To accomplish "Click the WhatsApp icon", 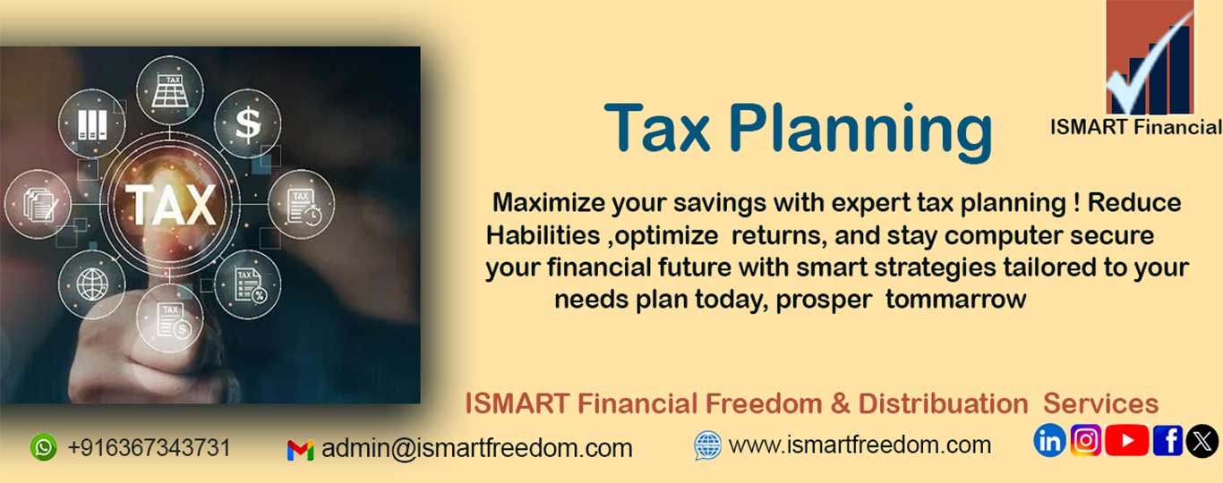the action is [x=44, y=447].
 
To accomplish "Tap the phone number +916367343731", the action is [x=149, y=447].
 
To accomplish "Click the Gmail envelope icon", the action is [x=300, y=450].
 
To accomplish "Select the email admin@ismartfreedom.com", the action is [x=477, y=449].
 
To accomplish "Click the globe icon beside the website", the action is [x=707, y=445].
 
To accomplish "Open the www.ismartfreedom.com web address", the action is [x=860, y=445].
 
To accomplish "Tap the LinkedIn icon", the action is [x=1049, y=440].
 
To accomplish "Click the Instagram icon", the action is [x=1086, y=440].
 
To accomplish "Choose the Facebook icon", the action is [x=1167, y=440].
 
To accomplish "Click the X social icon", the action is [x=1202, y=441].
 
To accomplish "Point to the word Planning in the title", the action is [x=860, y=132].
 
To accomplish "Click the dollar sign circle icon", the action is [x=247, y=124].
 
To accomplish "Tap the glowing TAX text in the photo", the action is [x=171, y=205].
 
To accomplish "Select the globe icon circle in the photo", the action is [x=91, y=284].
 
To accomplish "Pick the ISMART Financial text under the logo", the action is [x=1135, y=127].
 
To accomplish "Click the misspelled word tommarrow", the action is [x=955, y=300].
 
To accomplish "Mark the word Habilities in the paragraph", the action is [x=543, y=235].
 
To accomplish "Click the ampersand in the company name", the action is [x=841, y=404].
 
